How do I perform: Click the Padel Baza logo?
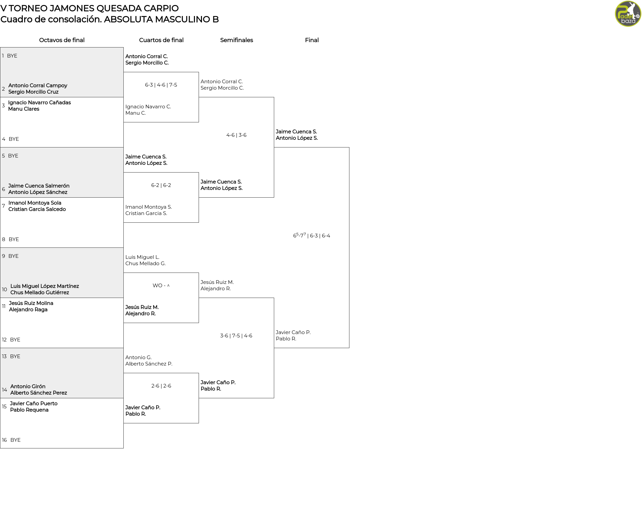[x=628, y=14]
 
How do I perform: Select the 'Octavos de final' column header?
[x=62, y=40]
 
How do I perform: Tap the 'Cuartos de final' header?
[x=161, y=40]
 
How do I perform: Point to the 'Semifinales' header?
[x=236, y=40]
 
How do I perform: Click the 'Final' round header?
[x=312, y=40]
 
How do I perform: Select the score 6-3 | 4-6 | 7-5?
[x=161, y=85]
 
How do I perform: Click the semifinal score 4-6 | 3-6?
[x=236, y=135]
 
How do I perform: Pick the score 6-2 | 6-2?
[x=161, y=185]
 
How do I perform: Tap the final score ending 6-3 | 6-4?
[x=312, y=235]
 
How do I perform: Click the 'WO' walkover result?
[x=157, y=286]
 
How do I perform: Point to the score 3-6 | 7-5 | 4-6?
[x=236, y=336]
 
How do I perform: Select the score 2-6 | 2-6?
[x=161, y=386]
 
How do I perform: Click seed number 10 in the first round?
[x=4, y=290]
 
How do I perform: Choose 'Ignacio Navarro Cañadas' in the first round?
[x=39, y=103]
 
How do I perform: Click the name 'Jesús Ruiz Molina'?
[x=31, y=303]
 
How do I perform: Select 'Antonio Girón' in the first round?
[x=28, y=387]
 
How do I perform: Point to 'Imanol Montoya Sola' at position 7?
[x=35, y=203]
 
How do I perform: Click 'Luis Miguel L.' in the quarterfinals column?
[x=142, y=257]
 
